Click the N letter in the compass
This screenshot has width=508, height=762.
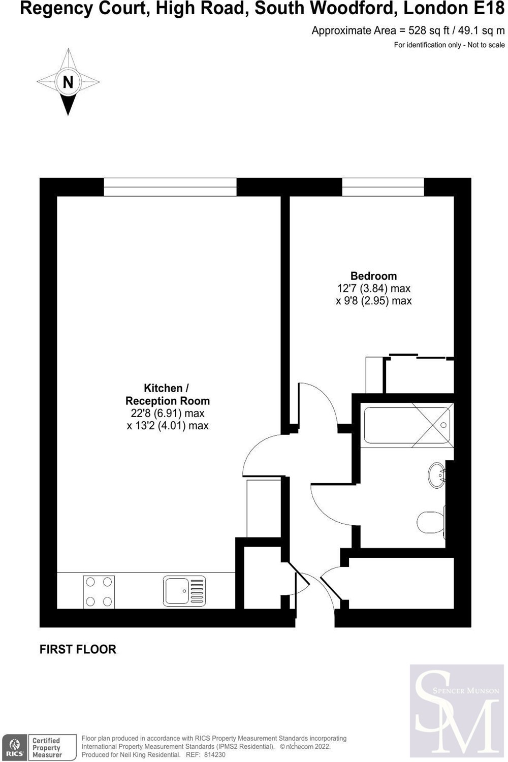pyautogui.click(x=68, y=82)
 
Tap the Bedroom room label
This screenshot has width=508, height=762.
pyautogui.click(x=373, y=275)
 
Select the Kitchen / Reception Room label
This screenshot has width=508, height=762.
pyautogui.click(x=168, y=394)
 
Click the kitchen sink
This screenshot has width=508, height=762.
pyautogui.click(x=184, y=591)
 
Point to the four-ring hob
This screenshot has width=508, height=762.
pyautogui.click(x=99, y=592)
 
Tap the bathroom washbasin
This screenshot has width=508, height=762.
pyautogui.click(x=436, y=475)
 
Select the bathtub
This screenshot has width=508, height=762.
pyautogui.click(x=407, y=425)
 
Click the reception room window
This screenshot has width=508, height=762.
pyautogui.click(x=170, y=187)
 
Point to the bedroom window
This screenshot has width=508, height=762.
pyautogui.click(x=383, y=187)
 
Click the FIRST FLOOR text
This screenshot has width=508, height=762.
pyautogui.click(x=78, y=649)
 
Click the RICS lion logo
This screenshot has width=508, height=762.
pyautogui.click(x=15, y=748)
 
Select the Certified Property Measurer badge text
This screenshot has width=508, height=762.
pyautogui.click(x=46, y=748)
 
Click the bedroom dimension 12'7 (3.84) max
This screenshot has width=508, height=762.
pyautogui.click(x=373, y=289)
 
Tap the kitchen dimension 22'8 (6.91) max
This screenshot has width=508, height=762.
pyautogui.click(x=168, y=414)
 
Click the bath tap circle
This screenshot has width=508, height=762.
pyautogui.click(x=443, y=425)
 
